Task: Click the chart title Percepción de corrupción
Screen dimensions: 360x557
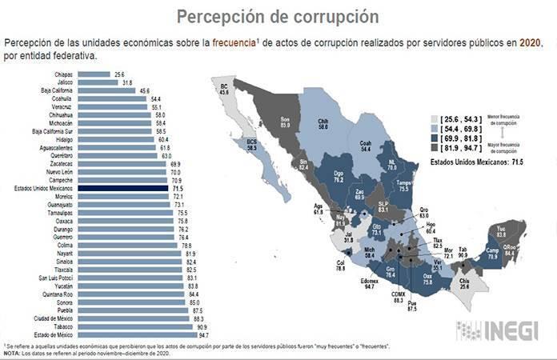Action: [x=278, y=16]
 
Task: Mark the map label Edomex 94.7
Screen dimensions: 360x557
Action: [x=369, y=282]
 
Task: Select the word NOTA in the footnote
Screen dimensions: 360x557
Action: [x=11, y=352]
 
